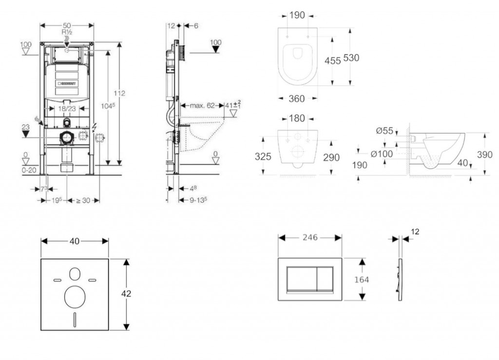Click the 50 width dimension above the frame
point(67,25)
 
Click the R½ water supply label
point(67,32)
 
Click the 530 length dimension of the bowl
point(351,58)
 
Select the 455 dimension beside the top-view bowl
point(333,61)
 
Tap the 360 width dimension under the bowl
point(297,99)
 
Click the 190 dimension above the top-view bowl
point(297,15)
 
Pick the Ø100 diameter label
point(382,154)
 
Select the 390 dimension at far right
point(484,155)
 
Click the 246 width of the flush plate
point(310,238)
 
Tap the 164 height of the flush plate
point(361,280)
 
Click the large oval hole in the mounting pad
point(75,297)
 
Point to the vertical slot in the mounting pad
point(75,320)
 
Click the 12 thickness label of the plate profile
point(415,232)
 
